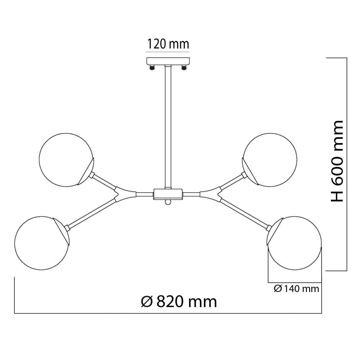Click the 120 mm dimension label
coord(168,44)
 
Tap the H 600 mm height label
coord(337,161)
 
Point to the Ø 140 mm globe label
coord(296,289)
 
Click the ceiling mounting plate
coord(168,61)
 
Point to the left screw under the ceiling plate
coord(152,67)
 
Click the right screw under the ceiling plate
coord(184,67)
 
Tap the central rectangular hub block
coord(168,194)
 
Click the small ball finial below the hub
coord(168,202)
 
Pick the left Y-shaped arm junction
coord(125,194)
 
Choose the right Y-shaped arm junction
coord(211,194)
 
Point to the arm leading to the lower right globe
coord(245,213)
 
